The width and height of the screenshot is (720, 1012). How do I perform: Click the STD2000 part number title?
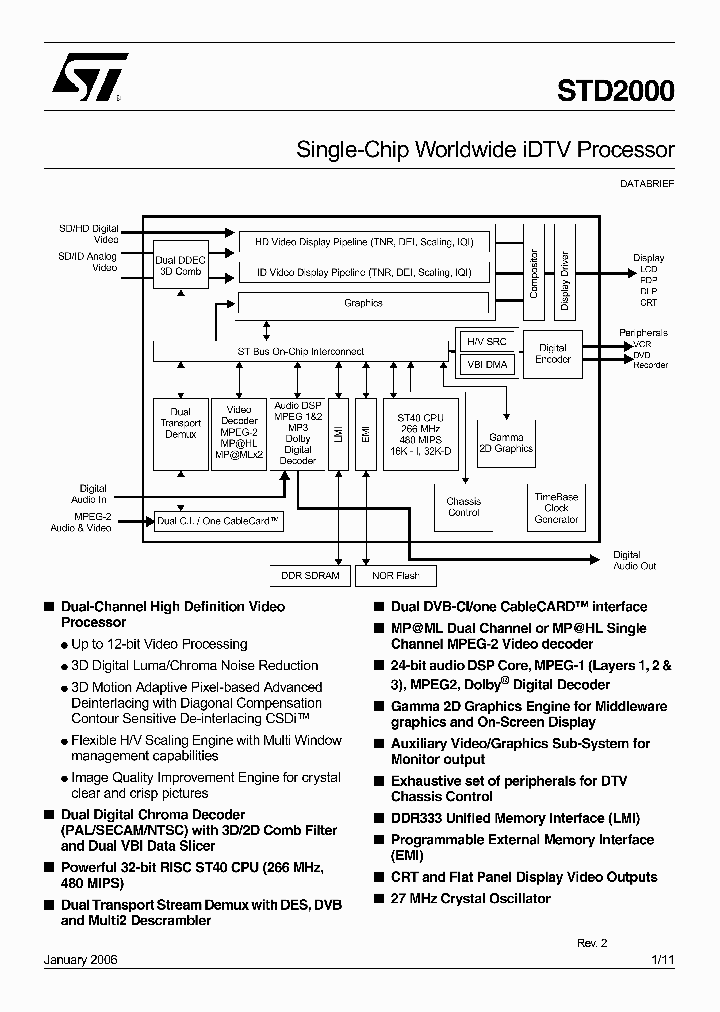click(615, 92)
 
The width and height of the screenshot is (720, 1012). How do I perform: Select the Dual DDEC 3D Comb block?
click(179, 266)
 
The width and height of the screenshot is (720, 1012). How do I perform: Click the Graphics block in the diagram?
click(363, 303)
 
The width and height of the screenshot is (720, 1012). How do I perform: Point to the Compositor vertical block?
click(534, 273)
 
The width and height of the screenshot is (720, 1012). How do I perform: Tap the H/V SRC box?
click(487, 342)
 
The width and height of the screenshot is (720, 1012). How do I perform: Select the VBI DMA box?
click(487, 365)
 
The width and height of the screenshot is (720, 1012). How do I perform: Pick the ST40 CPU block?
click(420, 434)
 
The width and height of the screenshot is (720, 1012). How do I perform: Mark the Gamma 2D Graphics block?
click(506, 443)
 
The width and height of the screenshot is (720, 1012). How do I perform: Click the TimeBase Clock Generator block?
click(556, 508)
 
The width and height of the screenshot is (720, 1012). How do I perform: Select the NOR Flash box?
click(395, 576)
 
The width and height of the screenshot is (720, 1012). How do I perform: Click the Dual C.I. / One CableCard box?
click(217, 521)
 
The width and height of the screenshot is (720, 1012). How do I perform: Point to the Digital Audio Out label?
click(634, 560)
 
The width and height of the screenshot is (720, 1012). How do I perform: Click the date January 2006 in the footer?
click(81, 959)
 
